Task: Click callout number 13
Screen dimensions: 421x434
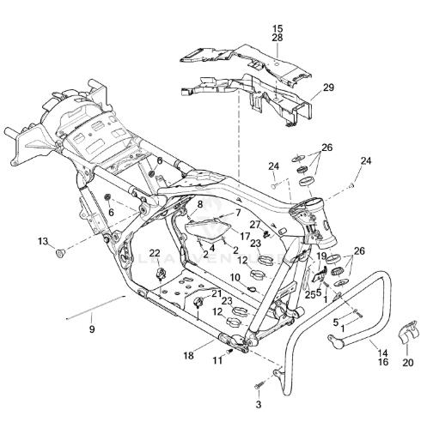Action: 43,241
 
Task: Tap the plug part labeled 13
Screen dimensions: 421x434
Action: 60,253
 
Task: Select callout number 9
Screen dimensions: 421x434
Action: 92,329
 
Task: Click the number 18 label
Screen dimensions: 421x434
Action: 189,356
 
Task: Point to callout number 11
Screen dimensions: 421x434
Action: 217,360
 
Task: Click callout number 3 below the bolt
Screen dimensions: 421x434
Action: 259,405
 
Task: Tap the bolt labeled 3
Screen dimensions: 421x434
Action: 259,385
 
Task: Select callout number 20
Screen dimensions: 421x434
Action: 408,363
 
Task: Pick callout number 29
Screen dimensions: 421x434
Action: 328,87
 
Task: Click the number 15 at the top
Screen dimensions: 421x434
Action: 278,28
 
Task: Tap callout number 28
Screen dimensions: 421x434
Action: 278,38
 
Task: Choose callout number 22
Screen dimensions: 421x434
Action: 155,253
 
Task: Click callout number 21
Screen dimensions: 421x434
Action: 217,293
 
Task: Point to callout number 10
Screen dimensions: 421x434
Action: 235,277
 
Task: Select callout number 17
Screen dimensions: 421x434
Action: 245,237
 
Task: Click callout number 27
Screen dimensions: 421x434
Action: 255,225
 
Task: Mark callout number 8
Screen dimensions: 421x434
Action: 199,204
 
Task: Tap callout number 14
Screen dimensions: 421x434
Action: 383,353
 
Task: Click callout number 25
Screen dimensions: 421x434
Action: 309,294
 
